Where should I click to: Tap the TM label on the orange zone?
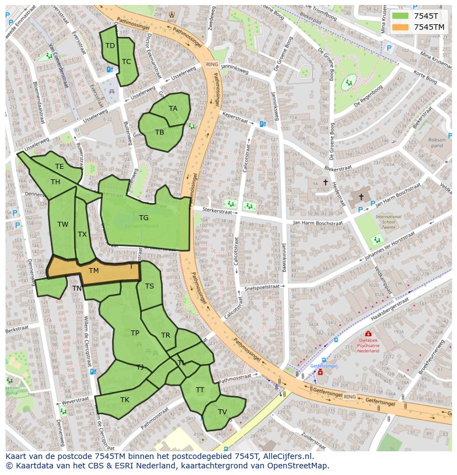[x=94, y=271]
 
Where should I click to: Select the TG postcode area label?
[x=144, y=218]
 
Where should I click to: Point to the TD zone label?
[x=110, y=46]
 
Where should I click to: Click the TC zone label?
[x=126, y=62]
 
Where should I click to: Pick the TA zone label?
[x=173, y=109]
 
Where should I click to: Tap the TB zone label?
[x=160, y=132]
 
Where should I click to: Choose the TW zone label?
[x=63, y=225]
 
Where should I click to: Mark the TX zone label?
[x=82, y=234]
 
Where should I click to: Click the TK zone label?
[x=125, y=400]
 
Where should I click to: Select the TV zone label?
[x=222, y=412]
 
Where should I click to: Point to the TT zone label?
[x=200, y=390]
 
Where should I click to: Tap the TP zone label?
[x=135, y=333]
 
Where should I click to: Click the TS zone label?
[x=150, y=286]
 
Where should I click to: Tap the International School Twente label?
[x=389, y=222]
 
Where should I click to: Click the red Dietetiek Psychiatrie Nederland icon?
[x=368, y=334]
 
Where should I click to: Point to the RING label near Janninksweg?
[x=212, y=65]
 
